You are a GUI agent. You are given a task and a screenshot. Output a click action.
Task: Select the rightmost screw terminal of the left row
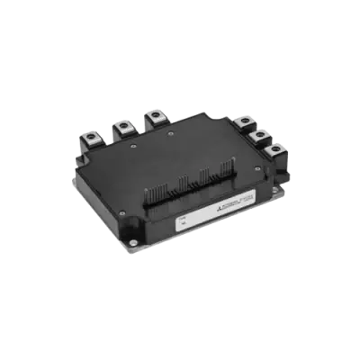click(x=154, y=116)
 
